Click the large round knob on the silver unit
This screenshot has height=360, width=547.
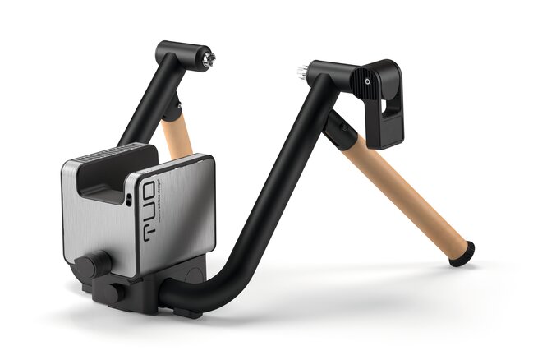pos(92,265)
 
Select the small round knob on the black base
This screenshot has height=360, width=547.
pos(113,293)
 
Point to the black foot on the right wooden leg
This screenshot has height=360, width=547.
pos(462,252)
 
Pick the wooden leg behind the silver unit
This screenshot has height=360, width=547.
pos(177,136)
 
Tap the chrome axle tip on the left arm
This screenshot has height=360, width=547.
pos(209,58)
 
